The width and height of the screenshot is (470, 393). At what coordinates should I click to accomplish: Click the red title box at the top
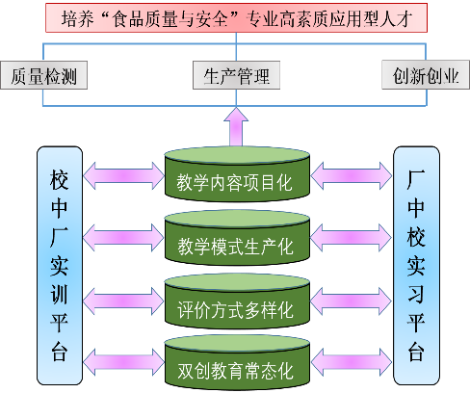[x=236, y=18]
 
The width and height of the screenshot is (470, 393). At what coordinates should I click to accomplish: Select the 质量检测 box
[x=44, y=75]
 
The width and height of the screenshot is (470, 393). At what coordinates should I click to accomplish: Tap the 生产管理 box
[x=236, y=75]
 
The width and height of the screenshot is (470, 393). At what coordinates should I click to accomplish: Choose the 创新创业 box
[x=426, y=75]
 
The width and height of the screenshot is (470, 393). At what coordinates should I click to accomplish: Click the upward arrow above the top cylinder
[x=236, y=127]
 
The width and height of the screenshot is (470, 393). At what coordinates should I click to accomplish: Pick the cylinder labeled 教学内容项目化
[x=237, y=174]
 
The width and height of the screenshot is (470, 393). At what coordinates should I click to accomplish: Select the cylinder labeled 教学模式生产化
[x=237, y=238]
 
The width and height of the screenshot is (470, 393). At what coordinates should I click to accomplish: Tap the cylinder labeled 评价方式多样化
[x=237, y=301]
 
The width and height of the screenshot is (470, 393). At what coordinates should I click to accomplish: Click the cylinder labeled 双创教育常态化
[x=237, y=362]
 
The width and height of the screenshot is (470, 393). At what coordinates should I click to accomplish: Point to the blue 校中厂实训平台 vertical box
[x=60, y=266]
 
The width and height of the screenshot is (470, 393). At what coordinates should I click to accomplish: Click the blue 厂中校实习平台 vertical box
[x=416, y=266]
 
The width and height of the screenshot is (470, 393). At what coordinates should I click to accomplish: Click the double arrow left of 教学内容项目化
[x=123, y=175]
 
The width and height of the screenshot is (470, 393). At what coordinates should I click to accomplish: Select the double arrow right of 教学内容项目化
[x=352, y=175]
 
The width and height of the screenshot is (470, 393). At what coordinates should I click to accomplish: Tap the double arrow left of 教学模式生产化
[x=123, y=238]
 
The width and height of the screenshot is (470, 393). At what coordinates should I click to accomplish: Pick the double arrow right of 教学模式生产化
[x=352, y=238]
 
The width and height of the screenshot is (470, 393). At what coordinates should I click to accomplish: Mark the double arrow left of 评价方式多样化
[x=123, y=301]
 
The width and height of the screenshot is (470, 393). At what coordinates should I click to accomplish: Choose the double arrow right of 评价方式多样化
[x=352, y=301]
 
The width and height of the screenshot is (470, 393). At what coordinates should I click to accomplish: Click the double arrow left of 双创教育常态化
[x=123, y=362]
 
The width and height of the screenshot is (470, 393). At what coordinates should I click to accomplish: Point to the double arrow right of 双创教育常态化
[x=352, y=362]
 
